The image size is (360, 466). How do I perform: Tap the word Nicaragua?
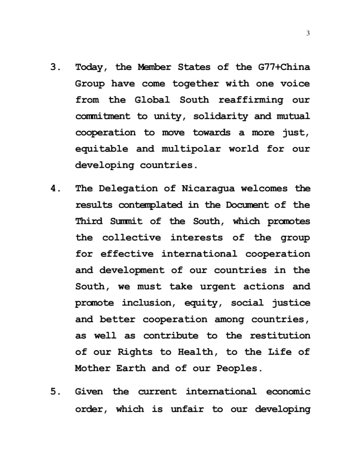tap(208, 188)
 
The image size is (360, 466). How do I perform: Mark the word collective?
tap(131, 237)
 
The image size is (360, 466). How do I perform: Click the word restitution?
tap(280, 336)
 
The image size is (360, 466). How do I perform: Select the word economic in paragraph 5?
tap(288, 391)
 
